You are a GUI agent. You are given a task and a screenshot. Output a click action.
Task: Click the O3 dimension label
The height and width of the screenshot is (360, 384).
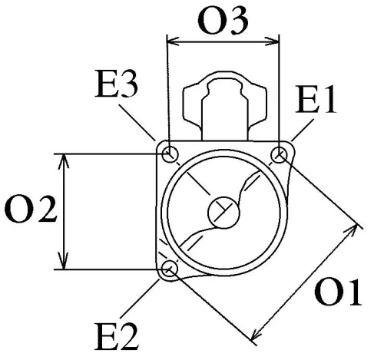coord(223,21)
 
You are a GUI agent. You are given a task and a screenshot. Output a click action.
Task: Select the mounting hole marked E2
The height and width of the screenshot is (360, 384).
coord(170,269)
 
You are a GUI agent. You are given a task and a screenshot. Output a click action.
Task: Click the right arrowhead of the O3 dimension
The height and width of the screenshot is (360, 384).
coord(274,42)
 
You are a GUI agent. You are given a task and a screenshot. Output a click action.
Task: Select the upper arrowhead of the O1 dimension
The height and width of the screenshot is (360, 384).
coord(357,227)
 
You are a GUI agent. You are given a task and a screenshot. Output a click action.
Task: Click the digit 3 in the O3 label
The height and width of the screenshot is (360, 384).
coord(239,21)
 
